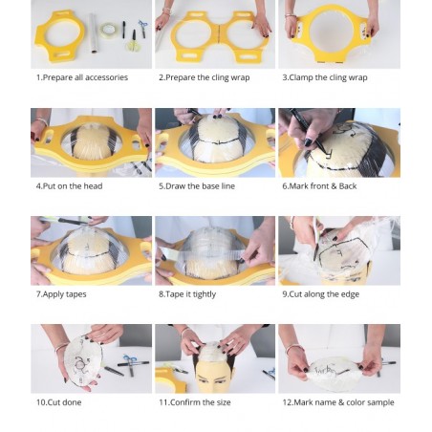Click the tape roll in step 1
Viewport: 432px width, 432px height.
(x=108, y=31)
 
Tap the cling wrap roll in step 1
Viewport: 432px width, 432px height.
(x=93, y=33)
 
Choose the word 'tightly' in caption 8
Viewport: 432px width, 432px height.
(x=205, y=294)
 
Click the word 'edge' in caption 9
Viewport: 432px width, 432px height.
(x=350, y=294)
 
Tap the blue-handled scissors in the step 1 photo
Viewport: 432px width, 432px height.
(x=143, y=28)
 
